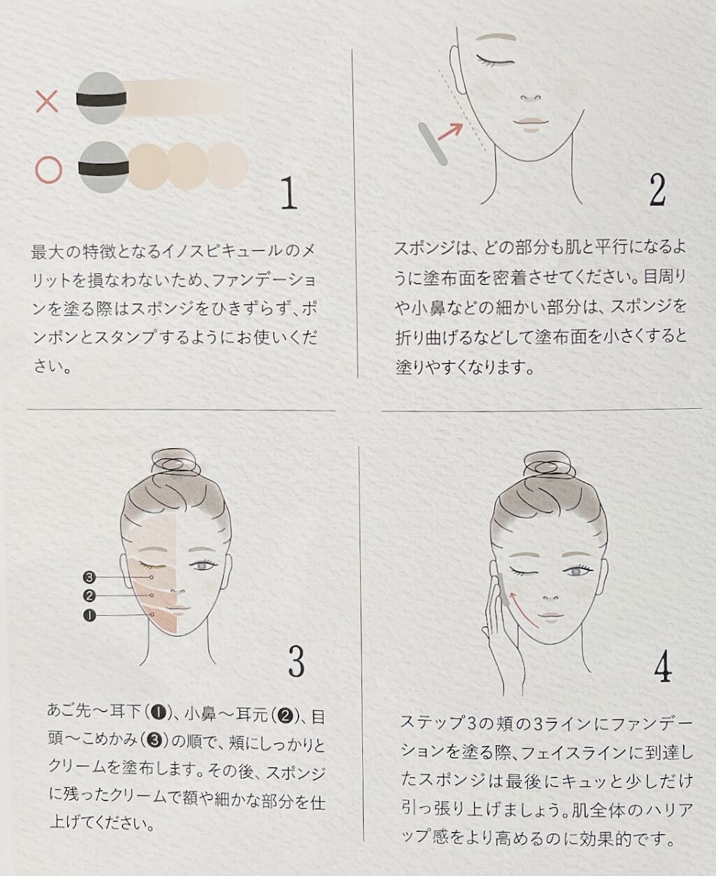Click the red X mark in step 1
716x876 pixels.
tap(47, 102)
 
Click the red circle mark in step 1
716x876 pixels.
tap(49, 169)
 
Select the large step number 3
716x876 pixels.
tap(296, 661)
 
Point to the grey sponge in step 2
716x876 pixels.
tap(433, 144)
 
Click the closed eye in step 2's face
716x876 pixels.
tap(495, 59)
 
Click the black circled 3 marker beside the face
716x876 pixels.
tap(89, 577)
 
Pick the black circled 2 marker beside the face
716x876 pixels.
tap(89, 596)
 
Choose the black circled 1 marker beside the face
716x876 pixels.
tap(89, 615)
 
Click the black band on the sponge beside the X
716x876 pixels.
tap(102, 99)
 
